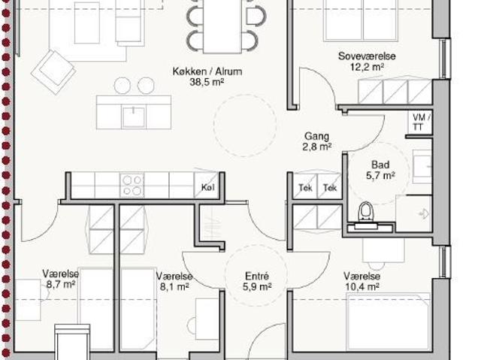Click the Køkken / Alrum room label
point(207,71)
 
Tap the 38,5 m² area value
point(207,82)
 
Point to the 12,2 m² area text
point(368,67)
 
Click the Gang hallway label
point(316,136)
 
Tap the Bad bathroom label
point(380,165)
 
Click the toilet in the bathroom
point(365,211)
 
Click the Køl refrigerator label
point(207,187)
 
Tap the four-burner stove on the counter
point(132,185)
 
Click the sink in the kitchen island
point(133,116)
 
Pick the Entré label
point(257,277)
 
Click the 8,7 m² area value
point(61,284)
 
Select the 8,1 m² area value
point(174,286)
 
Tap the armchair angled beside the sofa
point(53,72)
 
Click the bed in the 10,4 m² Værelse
point(389,322)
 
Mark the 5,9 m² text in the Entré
point(257,286)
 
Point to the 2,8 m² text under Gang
point(317,147)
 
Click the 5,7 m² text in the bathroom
point(380,175)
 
